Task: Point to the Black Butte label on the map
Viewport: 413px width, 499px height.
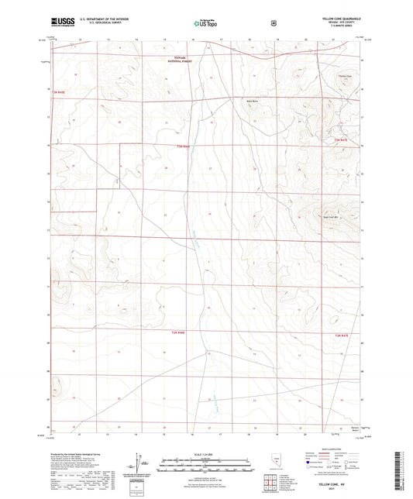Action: pos(251,100)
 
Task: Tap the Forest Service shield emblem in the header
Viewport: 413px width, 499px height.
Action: pos(273,23)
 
